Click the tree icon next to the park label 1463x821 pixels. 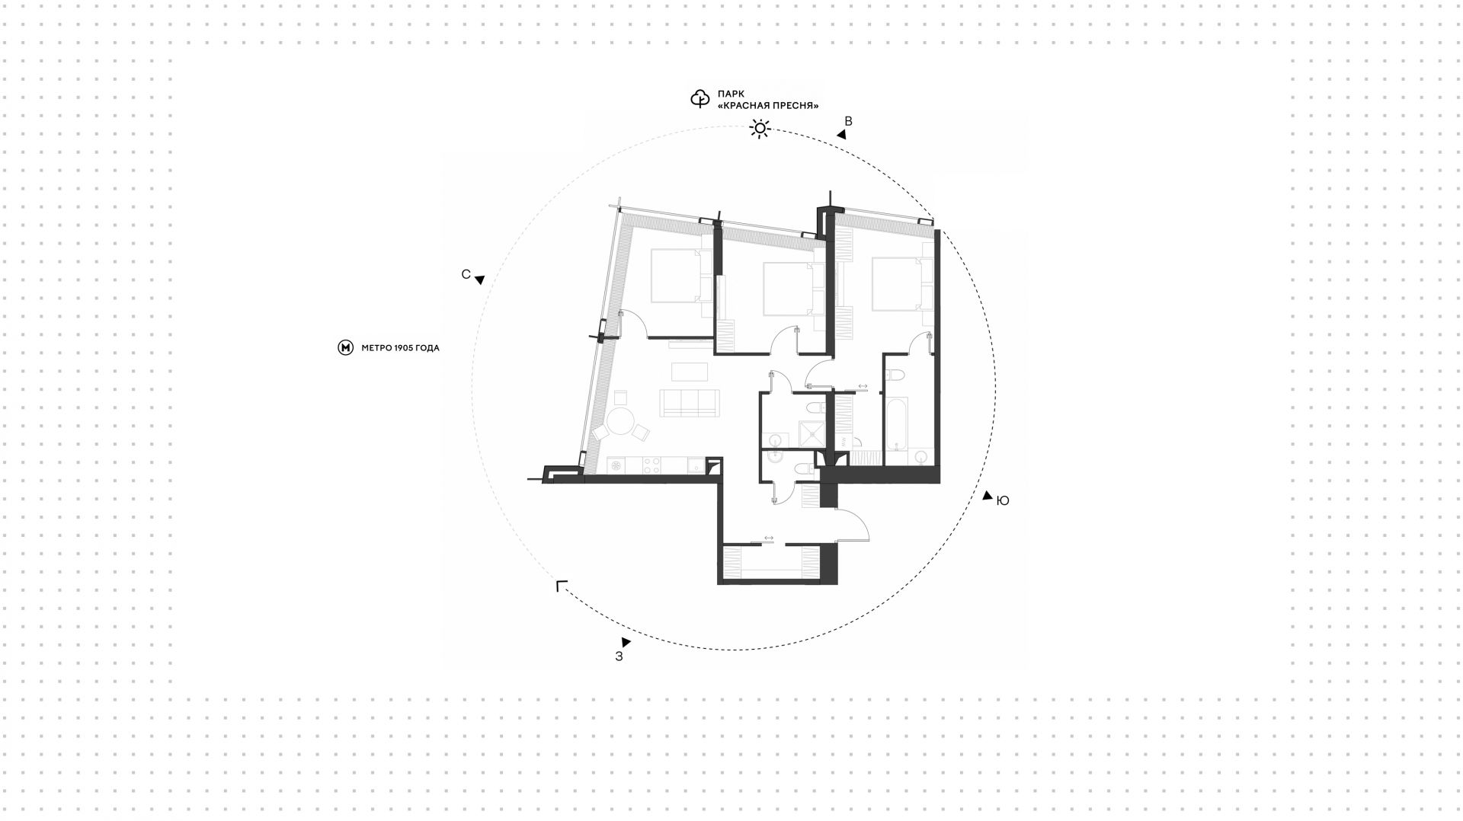699,99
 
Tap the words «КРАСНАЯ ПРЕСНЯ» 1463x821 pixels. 768,106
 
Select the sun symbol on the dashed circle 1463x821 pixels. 760,128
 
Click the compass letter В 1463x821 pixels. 848,121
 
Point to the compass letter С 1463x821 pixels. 466,274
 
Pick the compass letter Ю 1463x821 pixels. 1003,500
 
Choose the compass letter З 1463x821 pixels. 619,656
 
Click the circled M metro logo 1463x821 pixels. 345,348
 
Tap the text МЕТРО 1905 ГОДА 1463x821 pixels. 400,348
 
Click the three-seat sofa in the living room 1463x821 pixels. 690,403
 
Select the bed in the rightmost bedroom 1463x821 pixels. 898,284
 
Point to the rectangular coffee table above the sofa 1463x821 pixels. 690,372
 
